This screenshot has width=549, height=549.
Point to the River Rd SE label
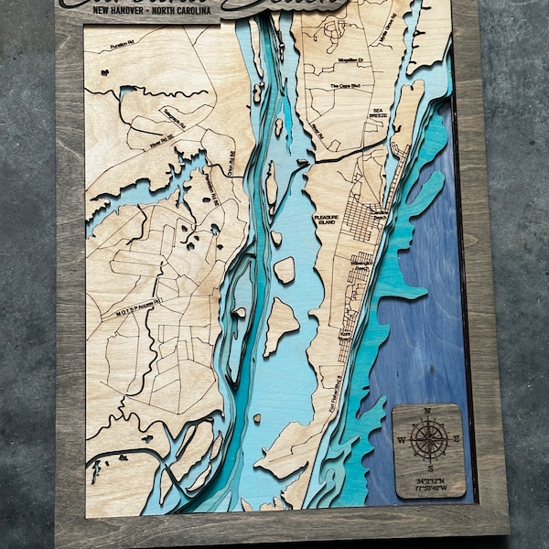161,143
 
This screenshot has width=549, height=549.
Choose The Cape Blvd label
346,86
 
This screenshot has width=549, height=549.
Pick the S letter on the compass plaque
428,468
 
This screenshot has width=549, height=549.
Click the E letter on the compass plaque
455,441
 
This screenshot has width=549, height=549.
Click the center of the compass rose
429,441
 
